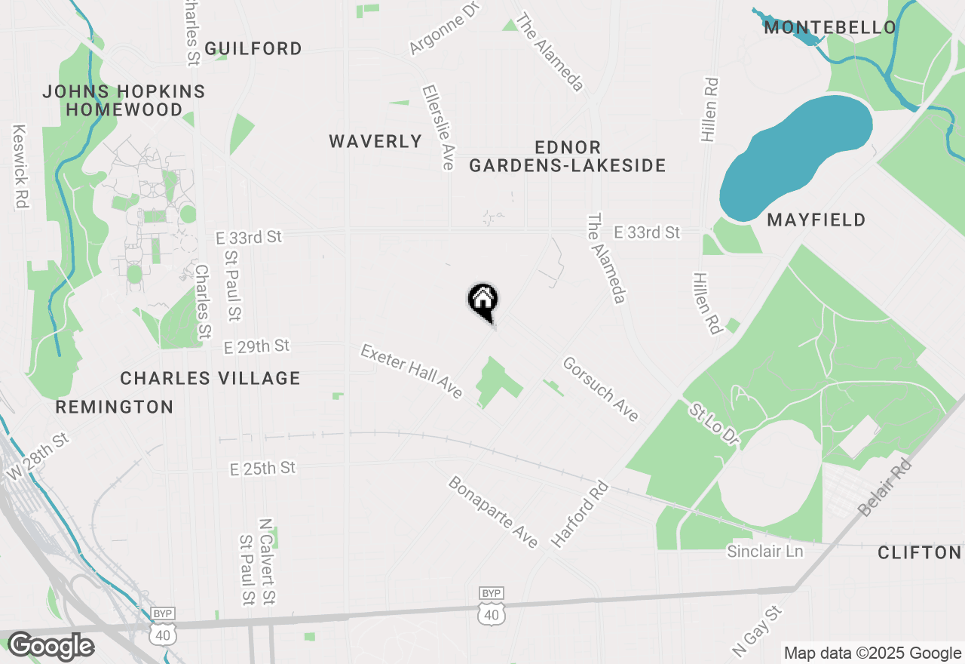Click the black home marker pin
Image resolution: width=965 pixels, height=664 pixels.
pos(483,300)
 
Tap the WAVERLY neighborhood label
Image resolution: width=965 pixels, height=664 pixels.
pos(375,141)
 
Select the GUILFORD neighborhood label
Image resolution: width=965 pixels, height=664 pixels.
pos(253,48)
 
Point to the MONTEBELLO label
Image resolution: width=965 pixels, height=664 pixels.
pos(830,28)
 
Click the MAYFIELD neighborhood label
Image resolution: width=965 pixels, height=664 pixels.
pos(816,220)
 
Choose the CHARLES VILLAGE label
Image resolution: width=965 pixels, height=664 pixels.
pos(210,378)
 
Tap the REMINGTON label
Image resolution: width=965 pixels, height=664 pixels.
pos(115,407)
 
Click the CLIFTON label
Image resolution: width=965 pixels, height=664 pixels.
pos(920,553)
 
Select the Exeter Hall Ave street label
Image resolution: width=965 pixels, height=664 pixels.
pos(412,371)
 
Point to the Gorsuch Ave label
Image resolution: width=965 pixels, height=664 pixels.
pos(602,389)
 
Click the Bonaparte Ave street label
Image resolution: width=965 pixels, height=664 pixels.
pos(494,512)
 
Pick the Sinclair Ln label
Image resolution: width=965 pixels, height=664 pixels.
pos(765,552)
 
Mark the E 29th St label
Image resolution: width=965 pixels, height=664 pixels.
pos(257,346)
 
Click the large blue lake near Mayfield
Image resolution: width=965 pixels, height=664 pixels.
pos(795,155)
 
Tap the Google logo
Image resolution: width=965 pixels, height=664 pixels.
pos(51,646)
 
